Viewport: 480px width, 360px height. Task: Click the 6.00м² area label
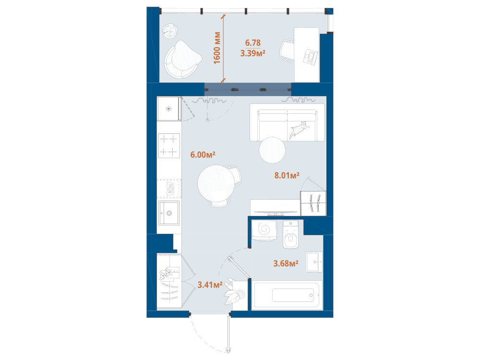pyautogui.click(x=203, y=155)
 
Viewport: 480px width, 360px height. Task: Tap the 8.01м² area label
pyautogui.click(x=287, y=175)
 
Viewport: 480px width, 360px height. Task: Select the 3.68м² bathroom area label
pyautogui.click(x=286, y=263)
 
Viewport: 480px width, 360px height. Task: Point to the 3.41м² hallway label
pyautogui.click(x=210, y=285)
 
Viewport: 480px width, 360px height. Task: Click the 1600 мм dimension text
pyautogui.click(x=217, y=48)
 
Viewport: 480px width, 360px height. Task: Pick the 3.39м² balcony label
pyautogui.click(x=252, y=53)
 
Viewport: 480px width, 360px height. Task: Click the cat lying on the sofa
pyautogui.click(x=299, y=130)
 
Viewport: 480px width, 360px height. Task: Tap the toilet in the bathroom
pyautogui.click(x=290, y=234)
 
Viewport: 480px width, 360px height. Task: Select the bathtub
pyautogui.click(x=287, y=295)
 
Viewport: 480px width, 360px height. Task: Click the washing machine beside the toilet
pyautogui.click(x=264, y=230)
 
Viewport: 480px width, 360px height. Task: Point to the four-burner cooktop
pyautogui.click(x=169, y=145)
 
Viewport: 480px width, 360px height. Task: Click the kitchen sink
pyautogui.click(x=168, y=213)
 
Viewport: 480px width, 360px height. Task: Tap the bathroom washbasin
pyautogui.click(x=314, y=262)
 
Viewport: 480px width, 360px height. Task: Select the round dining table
pyautogui.click(x=216, y=183)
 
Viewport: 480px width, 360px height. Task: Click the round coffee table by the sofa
pyautogui.click(x=272, y=150)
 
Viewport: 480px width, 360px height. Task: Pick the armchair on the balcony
pyautogui.click(x=182, y=60)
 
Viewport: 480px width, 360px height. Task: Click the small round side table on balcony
pyautogui.click(x=170, y=31)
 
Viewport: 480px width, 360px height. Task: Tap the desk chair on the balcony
pyautogui.click(x=287, y=51)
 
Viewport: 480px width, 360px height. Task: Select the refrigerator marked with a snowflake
pyautogui.click(x=168, y=108)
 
